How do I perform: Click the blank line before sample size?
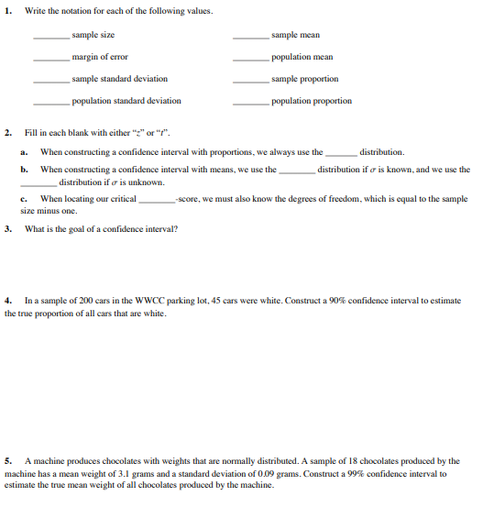coord(52,38)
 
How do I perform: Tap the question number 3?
coord(8,229)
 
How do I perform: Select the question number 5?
coord(8,461)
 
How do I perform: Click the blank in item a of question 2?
coord(341,153)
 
